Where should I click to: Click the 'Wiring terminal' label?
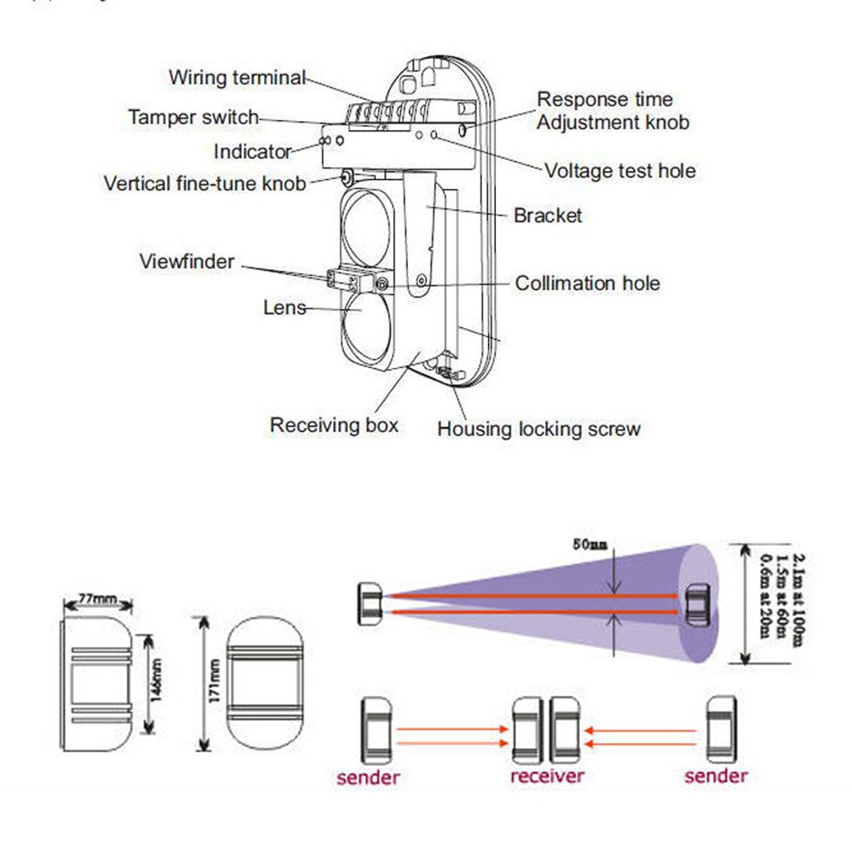coord(236,78)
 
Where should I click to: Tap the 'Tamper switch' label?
coord(193,118)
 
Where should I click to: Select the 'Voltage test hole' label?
coord(619,170)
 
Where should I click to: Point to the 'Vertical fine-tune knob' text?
coord(204,183)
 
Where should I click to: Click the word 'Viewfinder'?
coord(187,261)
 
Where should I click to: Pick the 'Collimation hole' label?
coord(587,283)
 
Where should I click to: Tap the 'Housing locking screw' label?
coord(538,429)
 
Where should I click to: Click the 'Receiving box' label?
coord(334,424)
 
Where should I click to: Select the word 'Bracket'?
coord(547,216)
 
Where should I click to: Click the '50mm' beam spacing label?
coord(589,544)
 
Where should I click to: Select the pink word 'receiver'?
coord(547,776)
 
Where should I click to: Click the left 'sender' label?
coord(368,776)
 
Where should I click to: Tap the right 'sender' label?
coord(717,775)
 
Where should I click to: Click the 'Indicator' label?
coord(253,152)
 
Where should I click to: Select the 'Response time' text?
coord(604,101)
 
